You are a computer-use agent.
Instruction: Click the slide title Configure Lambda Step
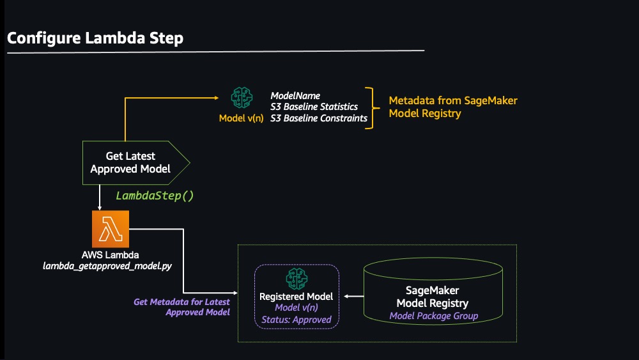(x=95, y=38)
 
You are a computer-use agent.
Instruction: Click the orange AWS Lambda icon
(x=111, y=229)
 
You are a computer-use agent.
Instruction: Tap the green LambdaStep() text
(x=155, y=196)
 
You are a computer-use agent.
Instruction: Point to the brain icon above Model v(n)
(x=242, y=97)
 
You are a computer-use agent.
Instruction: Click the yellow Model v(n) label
(x=242, y=118)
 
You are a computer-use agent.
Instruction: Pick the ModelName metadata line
(x=295, y=96)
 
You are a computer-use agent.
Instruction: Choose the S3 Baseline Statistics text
(x=314, y=107)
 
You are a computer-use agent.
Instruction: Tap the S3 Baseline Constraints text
(x=319, y=118)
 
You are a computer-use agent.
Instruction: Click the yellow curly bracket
(x=372, y=108)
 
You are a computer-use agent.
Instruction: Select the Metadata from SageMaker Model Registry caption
(x=453, y=107)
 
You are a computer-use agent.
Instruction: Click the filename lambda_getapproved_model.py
(x=107, y=266)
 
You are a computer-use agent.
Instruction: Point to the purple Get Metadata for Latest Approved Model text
(x=181, y=307)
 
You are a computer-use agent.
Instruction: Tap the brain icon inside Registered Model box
(x=296, y=279)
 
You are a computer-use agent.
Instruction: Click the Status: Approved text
(x=296, y=320)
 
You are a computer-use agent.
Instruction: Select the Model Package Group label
(x=434, y=316)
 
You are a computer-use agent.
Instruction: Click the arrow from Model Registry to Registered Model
(x=354, y=297)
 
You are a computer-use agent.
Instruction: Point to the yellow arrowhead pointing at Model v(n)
(x=217, y=98)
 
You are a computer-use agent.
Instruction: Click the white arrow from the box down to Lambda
(x=100, y=198)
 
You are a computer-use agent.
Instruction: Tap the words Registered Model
(x=296, y=297)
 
